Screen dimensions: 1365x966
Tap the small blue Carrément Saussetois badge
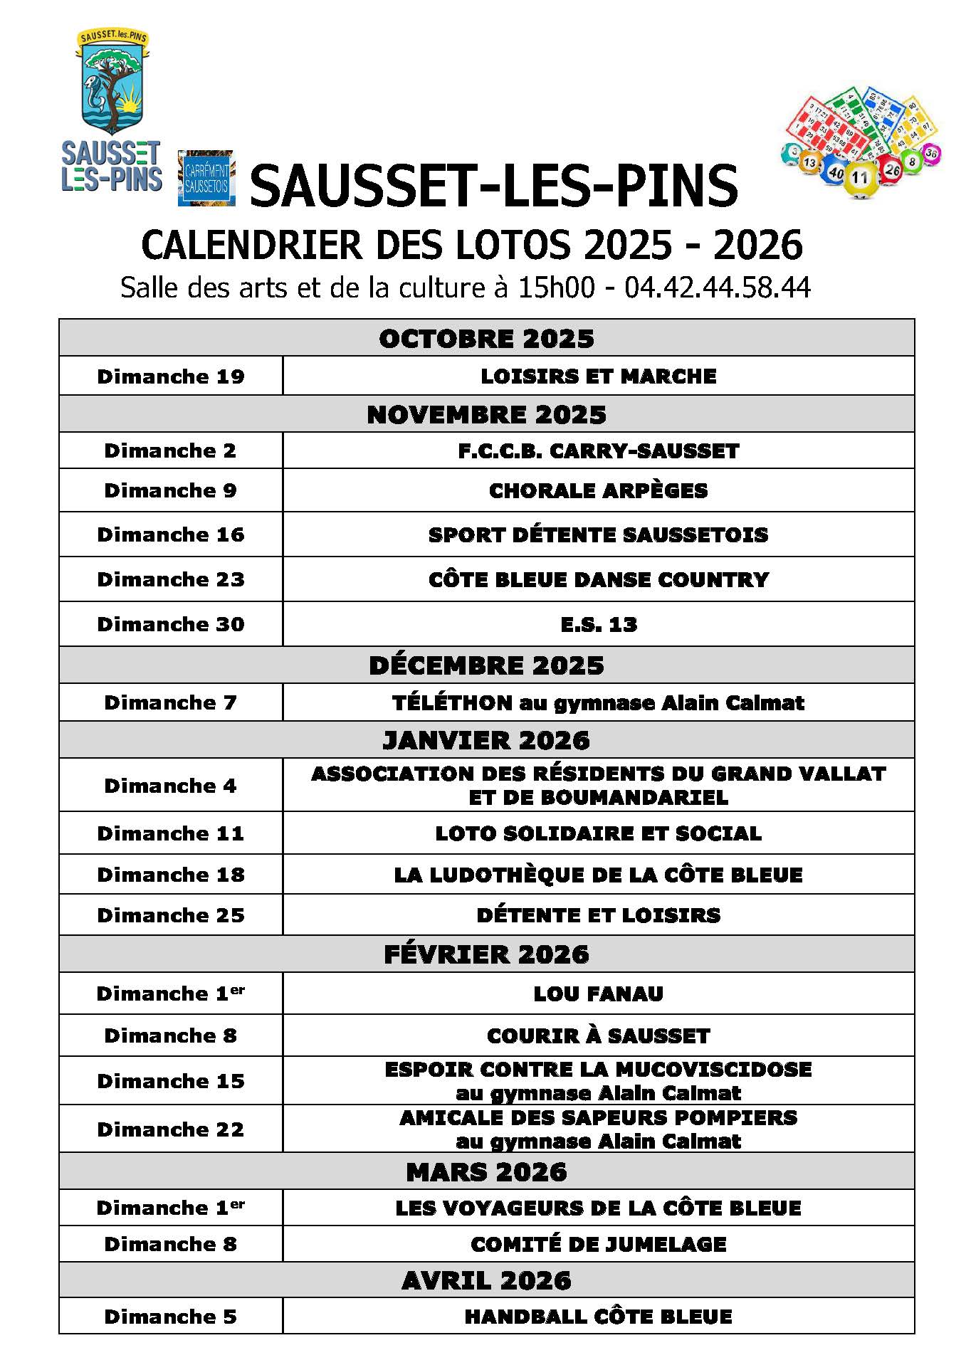pyautogui.click(x=206, y=179)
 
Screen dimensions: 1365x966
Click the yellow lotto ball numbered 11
pyautogui.click(x=860, y=178)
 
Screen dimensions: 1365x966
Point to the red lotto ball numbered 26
pyautogui.click(x=891, y=169)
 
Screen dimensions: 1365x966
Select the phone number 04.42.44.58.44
pyautogui.click(x=718, y=288)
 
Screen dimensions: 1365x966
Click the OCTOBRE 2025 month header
pyautogui.click(x=486, y=339)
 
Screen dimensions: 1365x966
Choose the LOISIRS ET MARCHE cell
pyautogui.click(x=598, y=376)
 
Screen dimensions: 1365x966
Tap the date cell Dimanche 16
pyautogui.click(x=171, y=534)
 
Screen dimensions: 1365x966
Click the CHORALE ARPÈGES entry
pyautogui.click(x=598, y=490)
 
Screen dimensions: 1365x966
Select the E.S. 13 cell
pyautogui.click(x=598, y=624)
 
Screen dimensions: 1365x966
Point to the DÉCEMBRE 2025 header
pyautogui.click(x=486, y=665)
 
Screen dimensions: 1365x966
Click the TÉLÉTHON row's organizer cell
pyautogui.click(x=598, y=703)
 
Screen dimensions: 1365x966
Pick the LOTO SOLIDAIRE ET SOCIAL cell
pyautogui.click(x=598, y=833)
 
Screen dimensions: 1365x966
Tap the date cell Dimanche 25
pyautogui.click(x=171, y=915)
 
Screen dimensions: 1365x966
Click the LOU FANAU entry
pyautogui.click(x=598, y=994)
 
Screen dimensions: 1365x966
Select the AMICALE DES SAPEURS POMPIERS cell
pyautogui.click(x=598, y=1129)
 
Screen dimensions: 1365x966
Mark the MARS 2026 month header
pyautogui.click(x=486, y=1172)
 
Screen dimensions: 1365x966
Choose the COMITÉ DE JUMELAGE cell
pyautogui.click(x=598, y=1244)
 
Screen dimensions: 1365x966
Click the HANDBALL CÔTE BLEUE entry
pyautogui.click(x=598, y=1317)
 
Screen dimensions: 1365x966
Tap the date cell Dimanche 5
pyautogui.click(x=171, y=1317)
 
